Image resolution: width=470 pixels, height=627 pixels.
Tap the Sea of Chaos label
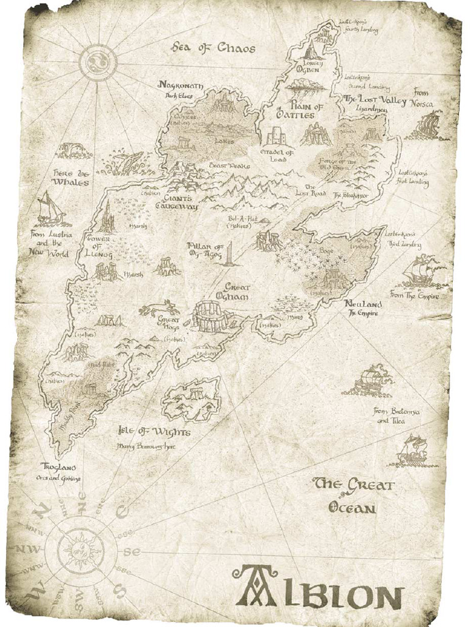coord(213,48)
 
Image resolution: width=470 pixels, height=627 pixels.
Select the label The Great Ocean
coord(352,495)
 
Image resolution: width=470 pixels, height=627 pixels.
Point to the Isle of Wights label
coord(154,432)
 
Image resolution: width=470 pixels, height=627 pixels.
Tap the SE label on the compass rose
coord(132,552)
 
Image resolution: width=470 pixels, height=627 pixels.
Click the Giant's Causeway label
coord(176,202)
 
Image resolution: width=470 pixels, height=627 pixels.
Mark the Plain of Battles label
coord(295,111)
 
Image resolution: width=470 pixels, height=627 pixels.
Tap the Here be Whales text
coord(70,178)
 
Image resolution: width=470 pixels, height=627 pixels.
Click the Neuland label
coord(363,304)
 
